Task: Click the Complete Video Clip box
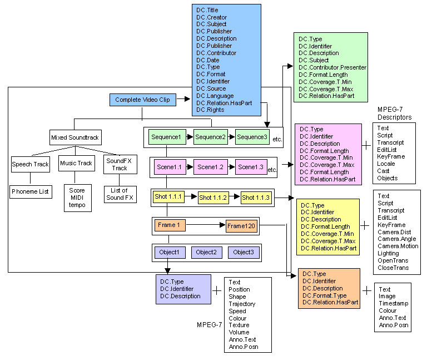(x=143, y=100)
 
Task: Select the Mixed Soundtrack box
(x=73, y=137)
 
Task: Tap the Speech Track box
(x=30, y=164)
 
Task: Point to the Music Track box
(x=77, y=163)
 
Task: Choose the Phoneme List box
(x=30, y=191)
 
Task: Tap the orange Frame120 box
(x=242, y=225)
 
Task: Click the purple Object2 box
(x=206, y=252)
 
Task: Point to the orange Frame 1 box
(x=170, y=225)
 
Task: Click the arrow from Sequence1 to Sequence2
(x=190, y=137)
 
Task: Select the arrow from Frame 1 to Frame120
(x=206, y=225)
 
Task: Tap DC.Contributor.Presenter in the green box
(x=332, y=67)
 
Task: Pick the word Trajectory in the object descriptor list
(x=242, y=304)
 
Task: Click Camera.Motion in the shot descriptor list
(x=398, y=246)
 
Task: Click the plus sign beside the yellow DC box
(x=365, y=225)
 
